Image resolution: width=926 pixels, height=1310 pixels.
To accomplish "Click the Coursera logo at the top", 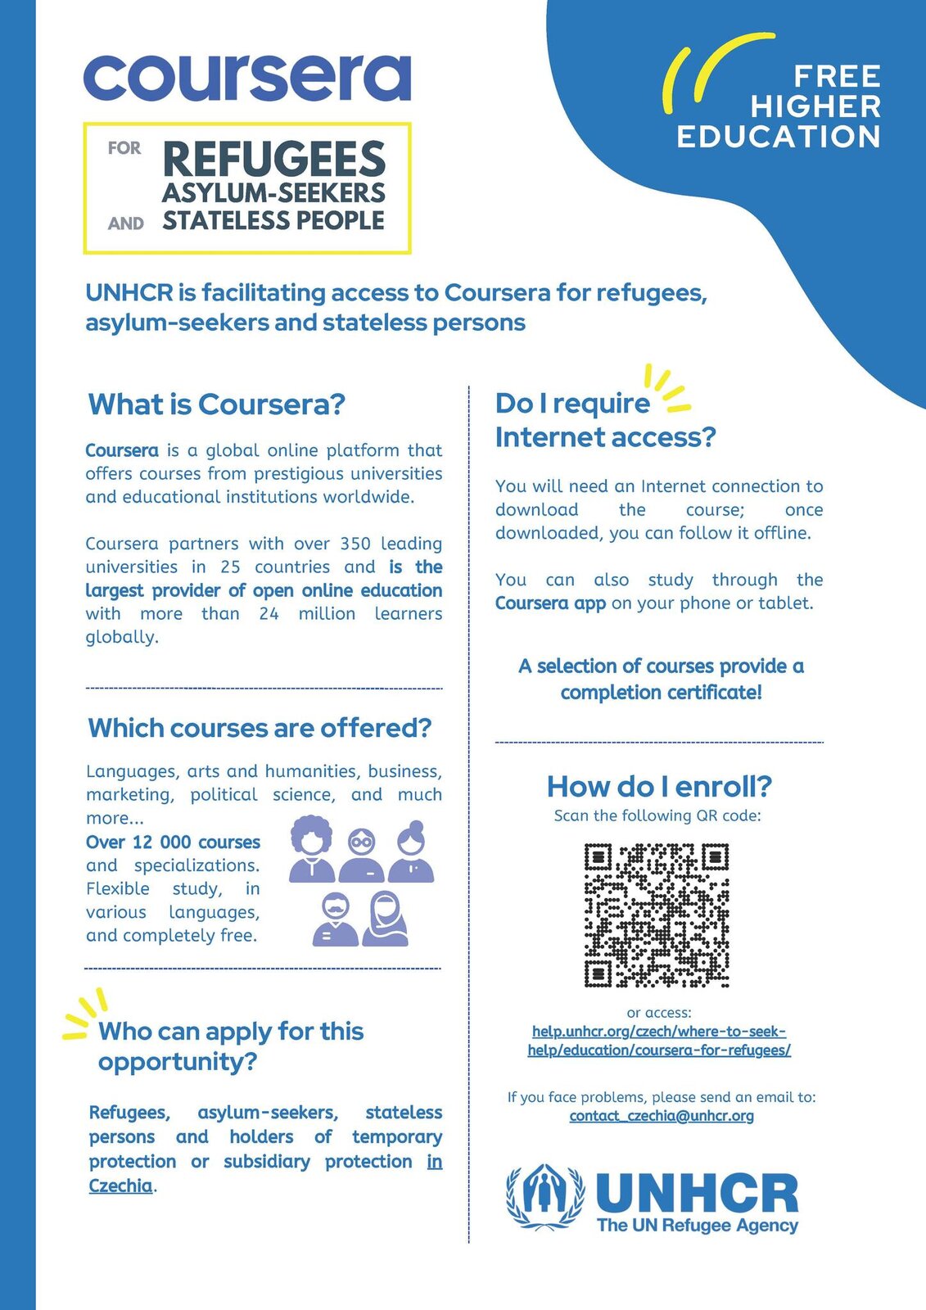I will [x=246, y=78].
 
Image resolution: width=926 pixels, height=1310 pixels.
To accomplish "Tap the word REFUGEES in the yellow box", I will [x=273, y=159].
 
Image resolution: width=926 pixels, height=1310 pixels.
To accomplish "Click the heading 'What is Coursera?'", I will [x=216, y=404].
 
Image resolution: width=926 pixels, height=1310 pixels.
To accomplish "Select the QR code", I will [x=657, y=915].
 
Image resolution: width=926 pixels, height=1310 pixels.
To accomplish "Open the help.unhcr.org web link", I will [x=659, y=1041].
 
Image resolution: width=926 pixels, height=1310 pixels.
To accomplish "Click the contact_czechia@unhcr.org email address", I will [x=662, y=1116].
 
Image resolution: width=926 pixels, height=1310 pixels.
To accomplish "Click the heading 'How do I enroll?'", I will [x=659, y=787].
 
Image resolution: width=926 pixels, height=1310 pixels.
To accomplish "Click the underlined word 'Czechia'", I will [x=120, y=1186].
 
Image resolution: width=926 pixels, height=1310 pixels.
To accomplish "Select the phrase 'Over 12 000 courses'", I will [x=173, y=842].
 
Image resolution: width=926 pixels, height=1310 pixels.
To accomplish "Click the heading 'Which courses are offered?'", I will [x=259, y=728].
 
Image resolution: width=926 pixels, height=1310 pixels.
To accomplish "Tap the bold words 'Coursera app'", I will [x=550, y=603].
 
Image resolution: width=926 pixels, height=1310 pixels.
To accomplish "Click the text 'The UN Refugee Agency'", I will [x=697, y=1226].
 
